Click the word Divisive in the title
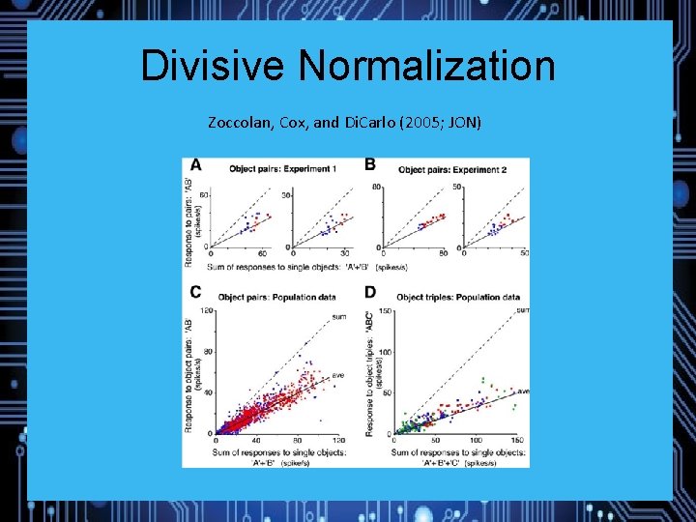click(x=214, y=67)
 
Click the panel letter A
click(x=196, y=165)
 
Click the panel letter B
click(x=370, y=165)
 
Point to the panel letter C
click(x=196, y=292)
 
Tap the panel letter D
click(x=370, y=292)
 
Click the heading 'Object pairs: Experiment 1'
click(x=282, y=169)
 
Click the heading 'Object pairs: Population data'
click(x=276, y=297)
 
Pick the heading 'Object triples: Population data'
click(x=458, y=297)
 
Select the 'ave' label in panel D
click(x=523, y=391)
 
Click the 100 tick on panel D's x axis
click(x=478, y=440)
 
